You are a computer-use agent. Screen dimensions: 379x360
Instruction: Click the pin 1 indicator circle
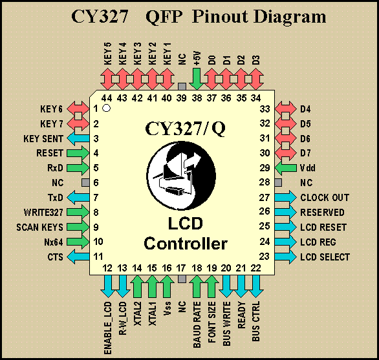[x=106, y=108]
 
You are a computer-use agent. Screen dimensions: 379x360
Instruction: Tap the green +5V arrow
[x=197, y=79]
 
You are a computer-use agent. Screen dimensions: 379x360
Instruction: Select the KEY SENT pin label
[x=43, y=139]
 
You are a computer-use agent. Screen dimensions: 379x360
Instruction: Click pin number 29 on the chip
[x=265, y=167]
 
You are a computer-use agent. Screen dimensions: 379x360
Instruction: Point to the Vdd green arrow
[x=286, y=167]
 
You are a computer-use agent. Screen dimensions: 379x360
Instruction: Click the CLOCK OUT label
[x=325, y=197]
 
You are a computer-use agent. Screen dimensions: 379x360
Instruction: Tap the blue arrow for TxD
[x=78, y=197]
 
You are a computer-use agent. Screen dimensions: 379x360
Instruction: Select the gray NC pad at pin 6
[x=85, y=183]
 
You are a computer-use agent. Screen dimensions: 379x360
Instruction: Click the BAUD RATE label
[x=197, y=324]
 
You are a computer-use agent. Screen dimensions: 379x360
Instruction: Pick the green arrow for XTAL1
[x=152, y=286]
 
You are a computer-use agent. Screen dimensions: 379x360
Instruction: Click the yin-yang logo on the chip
[x=181, y=176]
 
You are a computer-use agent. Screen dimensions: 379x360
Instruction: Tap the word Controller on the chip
[x=186, y=244]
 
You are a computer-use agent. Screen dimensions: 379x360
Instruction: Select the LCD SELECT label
[x=325, y=257]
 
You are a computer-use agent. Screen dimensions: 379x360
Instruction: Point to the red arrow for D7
[x=286, y=153]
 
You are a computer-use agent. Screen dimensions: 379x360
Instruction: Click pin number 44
[x=107, y=98]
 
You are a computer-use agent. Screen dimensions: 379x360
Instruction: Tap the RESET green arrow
[x=78, y=153]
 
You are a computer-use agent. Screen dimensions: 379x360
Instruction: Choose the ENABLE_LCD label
[x=107, y=328]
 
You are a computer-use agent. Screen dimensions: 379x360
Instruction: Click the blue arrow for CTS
[x=78, y=257]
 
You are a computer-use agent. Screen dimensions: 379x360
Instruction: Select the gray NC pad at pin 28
[x=279, y=183]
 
